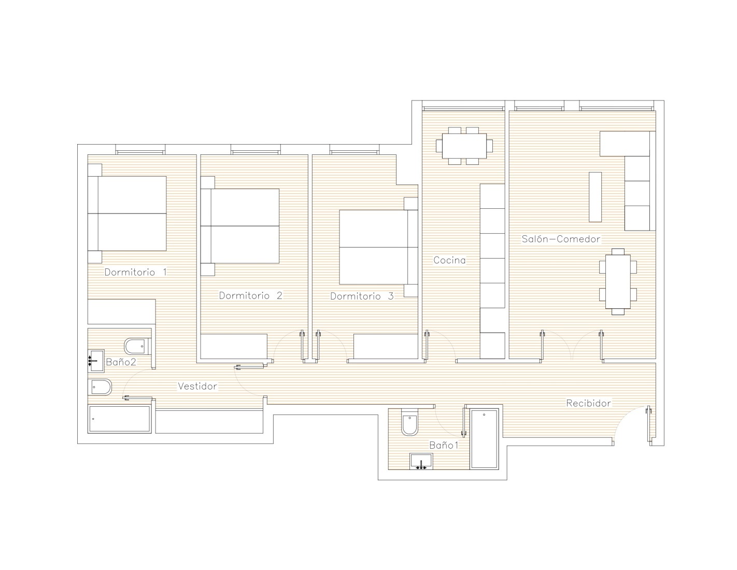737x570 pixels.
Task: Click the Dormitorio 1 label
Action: (136, 272)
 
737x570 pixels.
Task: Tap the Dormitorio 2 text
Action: (251, 295)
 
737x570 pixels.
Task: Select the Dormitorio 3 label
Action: (362, 296)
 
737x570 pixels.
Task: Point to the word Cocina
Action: (449, 260)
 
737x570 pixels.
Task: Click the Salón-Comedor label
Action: (561, 239)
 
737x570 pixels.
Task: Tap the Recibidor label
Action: (588, 403)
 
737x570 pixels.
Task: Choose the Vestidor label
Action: (197, 386)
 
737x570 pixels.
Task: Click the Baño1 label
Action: (444, 445)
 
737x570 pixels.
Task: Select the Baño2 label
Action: (121, 362)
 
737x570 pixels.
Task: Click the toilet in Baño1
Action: (410, 421)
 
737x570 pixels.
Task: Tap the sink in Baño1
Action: (421, 461)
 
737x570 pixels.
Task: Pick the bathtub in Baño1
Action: (484, 439)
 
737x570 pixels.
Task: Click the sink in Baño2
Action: (96, 361)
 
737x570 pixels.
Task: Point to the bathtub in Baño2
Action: (119, 419)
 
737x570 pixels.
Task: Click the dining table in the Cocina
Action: (464, 146)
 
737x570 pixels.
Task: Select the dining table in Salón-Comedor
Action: (618, 281)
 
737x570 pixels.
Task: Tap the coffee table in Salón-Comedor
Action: (595, 197)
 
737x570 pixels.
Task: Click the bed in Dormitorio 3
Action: (378, 247)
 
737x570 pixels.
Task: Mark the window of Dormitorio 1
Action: (140, 150)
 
